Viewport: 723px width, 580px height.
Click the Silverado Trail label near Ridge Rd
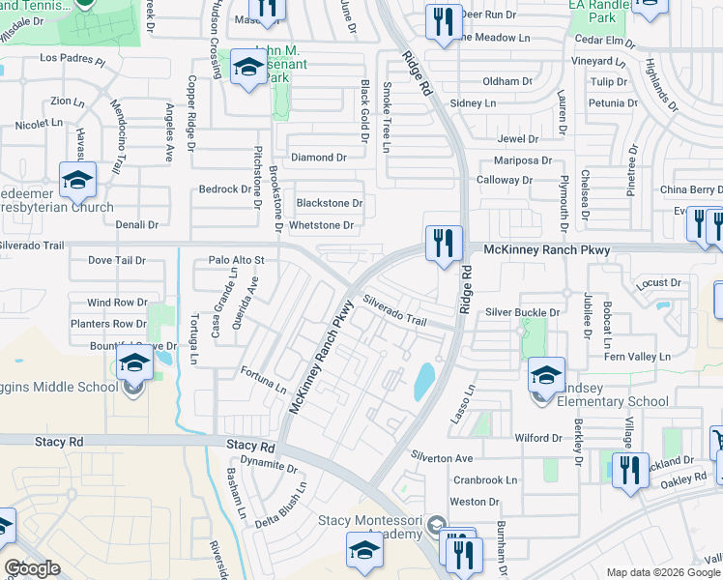pos(394,310)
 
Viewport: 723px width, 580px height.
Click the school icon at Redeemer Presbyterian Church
pos(77,179)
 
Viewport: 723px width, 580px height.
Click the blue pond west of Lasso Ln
pos(423,382)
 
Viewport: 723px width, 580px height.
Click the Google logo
pos(32,568)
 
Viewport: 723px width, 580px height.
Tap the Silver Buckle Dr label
pos(522,312)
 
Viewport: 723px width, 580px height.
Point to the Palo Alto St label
pos(236,260)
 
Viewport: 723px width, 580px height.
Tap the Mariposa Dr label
pos(522,160)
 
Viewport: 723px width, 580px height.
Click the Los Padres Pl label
pos(72,59)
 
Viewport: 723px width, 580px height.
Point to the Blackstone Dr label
pos(329,203)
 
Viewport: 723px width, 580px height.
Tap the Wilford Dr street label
pos(538,438)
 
